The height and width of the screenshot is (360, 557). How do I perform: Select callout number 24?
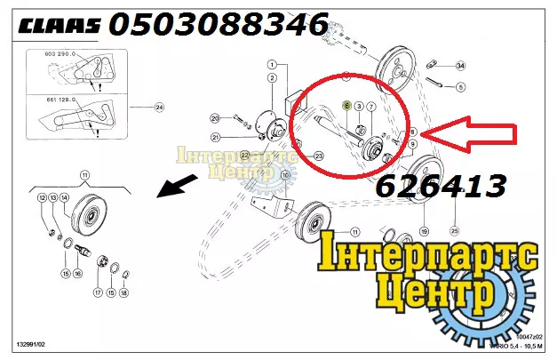159,108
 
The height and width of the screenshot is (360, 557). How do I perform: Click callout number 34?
460,67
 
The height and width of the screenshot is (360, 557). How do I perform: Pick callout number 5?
460,87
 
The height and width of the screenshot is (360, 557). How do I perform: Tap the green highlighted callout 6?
346,105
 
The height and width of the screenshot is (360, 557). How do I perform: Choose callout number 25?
455,231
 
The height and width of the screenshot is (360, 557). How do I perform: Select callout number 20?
214,118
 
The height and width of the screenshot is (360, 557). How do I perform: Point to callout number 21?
214,137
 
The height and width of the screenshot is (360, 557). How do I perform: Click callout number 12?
42,196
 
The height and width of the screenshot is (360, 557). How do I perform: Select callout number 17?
97,292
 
